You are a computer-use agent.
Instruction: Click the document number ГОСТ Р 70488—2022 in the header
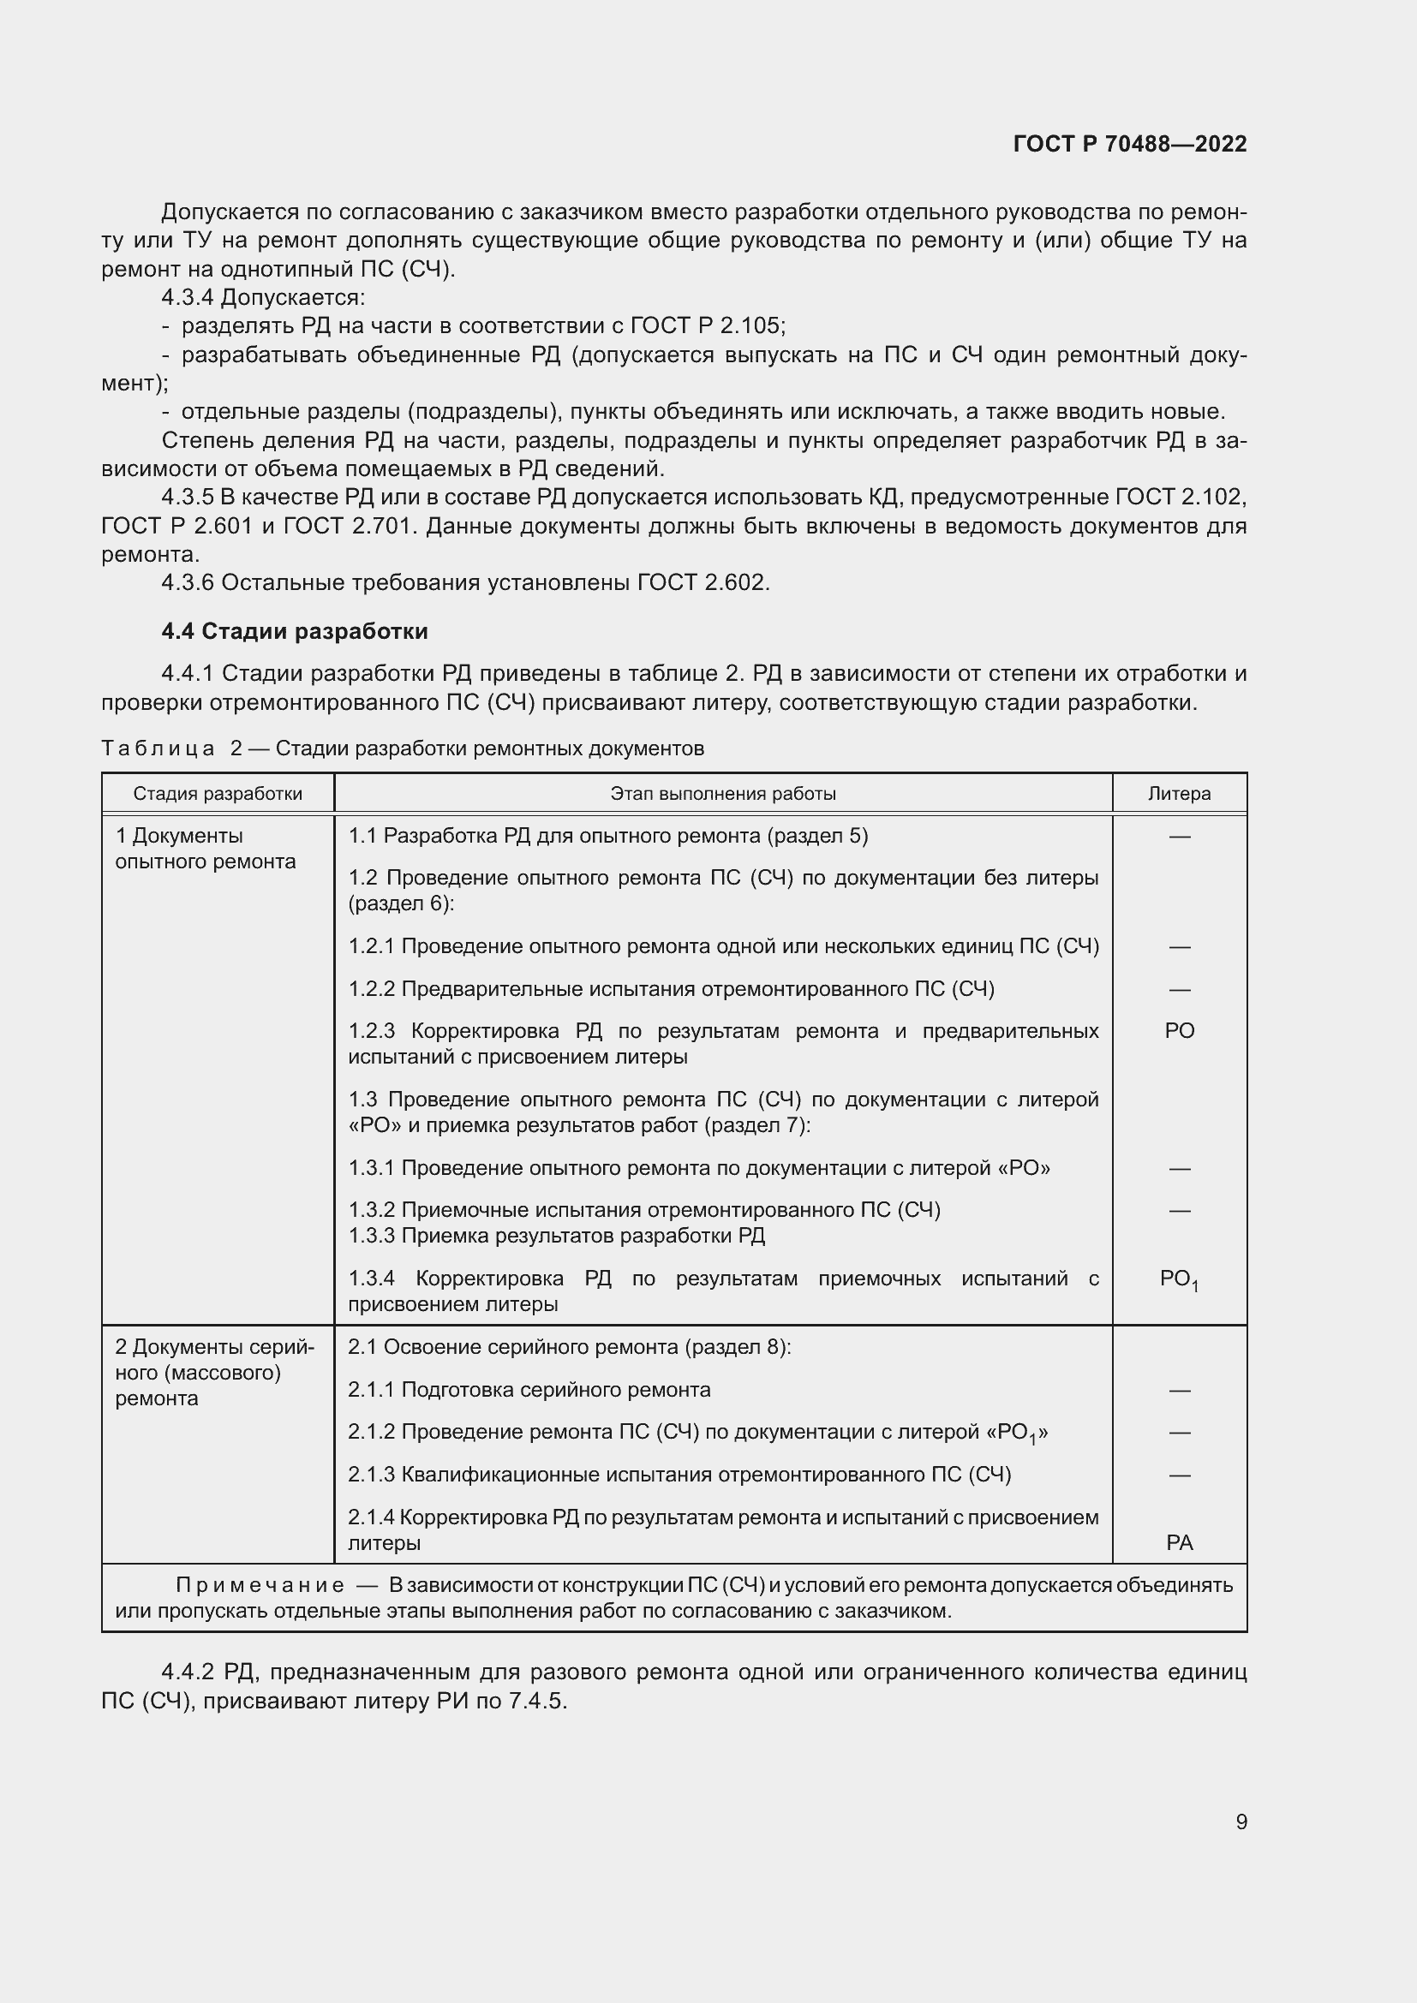coord(1130,144)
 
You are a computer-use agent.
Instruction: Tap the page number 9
coord(1241,1821)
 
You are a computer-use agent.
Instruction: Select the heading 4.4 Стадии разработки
coord(294,631)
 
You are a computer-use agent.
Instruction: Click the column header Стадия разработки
coord(218,793)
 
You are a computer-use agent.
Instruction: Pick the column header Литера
coord(1179,793)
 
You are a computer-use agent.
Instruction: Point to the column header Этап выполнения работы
coord(722,793)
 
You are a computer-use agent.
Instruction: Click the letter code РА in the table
coord(1179,1542)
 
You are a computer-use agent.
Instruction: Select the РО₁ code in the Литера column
coord(1178,1279)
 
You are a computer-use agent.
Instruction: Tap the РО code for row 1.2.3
coord(1179,1030)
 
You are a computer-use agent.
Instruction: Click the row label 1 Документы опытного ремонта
coord(205,848)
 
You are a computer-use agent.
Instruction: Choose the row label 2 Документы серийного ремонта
coord(214,1372)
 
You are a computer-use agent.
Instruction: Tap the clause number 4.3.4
coord(187,297)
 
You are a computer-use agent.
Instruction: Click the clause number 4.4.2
coord(187,1672)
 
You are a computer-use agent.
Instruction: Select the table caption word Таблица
coord(158,748)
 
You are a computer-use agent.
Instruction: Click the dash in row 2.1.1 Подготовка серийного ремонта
coord(1179,1390)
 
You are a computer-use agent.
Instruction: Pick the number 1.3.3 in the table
coord(372,1236)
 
